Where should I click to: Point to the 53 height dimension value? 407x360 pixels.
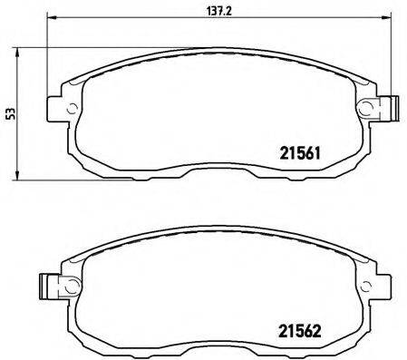coord(10,113)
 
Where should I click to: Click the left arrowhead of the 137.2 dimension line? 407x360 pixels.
coord(51,19)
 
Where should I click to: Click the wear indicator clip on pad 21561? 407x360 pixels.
coord(392,107)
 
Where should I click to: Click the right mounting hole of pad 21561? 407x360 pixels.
coord(366,108)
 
